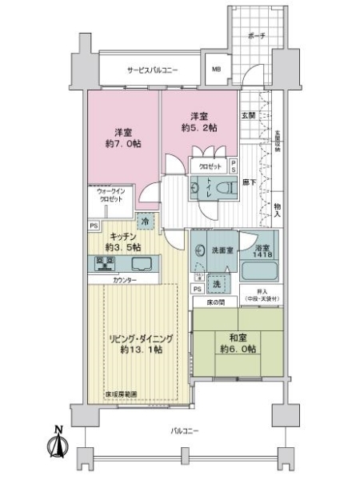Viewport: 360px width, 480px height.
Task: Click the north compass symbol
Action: (58, 444)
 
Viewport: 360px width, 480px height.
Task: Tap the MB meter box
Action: (215, 70)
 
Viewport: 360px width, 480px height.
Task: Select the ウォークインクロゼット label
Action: (111, 196)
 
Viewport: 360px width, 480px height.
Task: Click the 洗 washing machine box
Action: (215, 284)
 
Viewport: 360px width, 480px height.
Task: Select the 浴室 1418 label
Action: (263, 251)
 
